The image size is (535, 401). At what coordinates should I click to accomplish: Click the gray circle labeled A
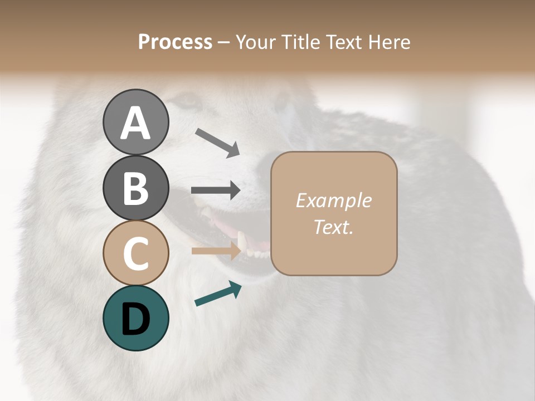click(x=135, y=122)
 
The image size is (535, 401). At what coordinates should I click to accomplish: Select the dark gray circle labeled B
click(x=135, y=188)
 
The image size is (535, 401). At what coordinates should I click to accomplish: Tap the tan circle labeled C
click(x=135, y=253)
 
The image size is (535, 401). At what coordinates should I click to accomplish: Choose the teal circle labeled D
click(x=135, y=318)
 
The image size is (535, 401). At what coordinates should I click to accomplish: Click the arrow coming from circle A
click(x=217, y=142)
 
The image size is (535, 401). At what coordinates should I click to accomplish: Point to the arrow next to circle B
click(x=216, y=190)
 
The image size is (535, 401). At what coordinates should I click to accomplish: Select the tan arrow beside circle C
click(x=216, y=251)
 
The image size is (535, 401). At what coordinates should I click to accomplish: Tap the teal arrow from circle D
click(x=218, y=294)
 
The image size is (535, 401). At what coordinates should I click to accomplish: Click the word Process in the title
click(x=175, y=42)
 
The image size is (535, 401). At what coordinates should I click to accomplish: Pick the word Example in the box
click(x=333, y=200)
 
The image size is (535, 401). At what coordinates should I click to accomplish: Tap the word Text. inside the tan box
click(x=333, y=227)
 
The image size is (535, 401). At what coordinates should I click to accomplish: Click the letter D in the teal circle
click(x=135, y=319)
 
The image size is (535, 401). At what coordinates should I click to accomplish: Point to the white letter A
click(x=135, y=123)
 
